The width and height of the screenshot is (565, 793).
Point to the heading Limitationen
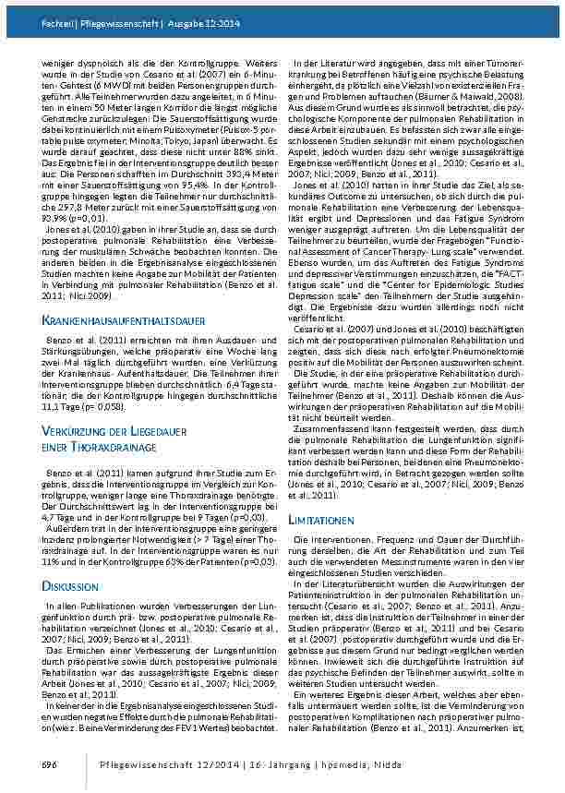pyautogui.click(x=320, y=521)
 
